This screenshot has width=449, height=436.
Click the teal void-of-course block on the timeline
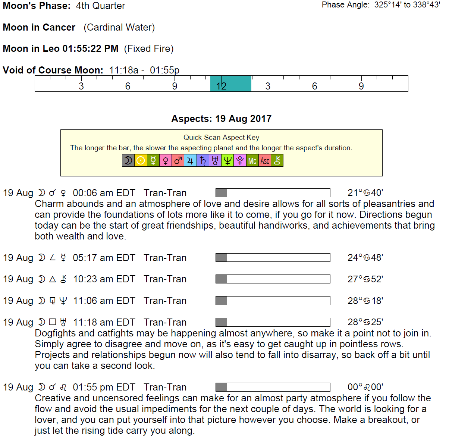click(x=231, y=84)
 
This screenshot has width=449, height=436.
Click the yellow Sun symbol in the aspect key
click(x=141, y=161)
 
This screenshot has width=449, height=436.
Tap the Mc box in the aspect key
click(x=252, y=161)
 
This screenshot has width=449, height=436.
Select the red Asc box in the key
click(x=265, y=161)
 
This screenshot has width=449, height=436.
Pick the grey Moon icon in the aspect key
click(x=128, y=161)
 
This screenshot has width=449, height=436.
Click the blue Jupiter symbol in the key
click(x=190, y=161)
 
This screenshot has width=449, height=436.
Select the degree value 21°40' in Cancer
click(x=365, y=193)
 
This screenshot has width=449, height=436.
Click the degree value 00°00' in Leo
click(x=365, y=387)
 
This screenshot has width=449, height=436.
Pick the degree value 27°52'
click(x=365, y=279)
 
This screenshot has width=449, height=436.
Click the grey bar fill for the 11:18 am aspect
click(x=221, y=322)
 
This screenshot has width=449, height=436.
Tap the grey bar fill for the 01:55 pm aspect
click(x=221, y=387)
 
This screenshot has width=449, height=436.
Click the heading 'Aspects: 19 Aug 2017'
click(x=221, y=119)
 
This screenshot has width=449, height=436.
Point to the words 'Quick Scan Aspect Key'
click(x=221, y=138)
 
